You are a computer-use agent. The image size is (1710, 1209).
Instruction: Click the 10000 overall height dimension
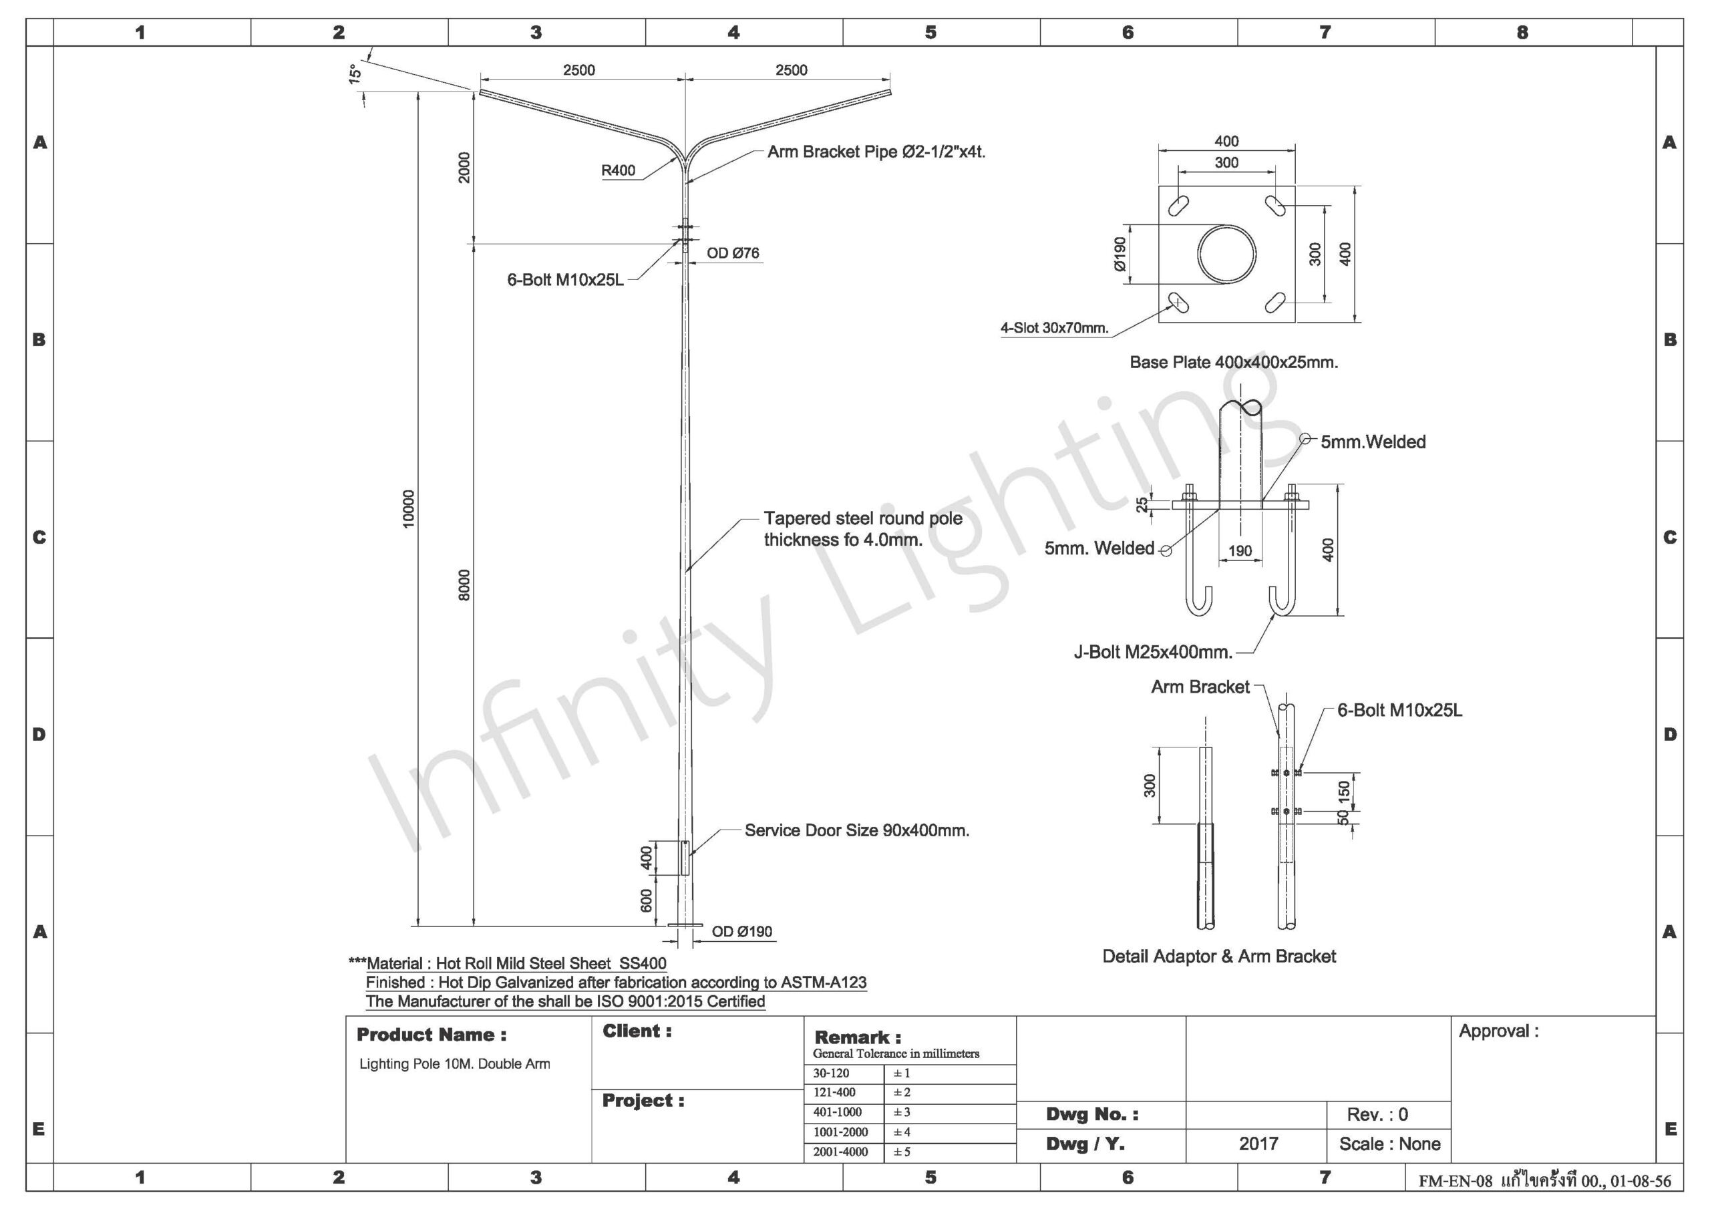click(408, 510)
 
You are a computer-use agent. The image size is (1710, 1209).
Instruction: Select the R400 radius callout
click(618, 170)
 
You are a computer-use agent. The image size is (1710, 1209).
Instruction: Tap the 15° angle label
click(355, 73)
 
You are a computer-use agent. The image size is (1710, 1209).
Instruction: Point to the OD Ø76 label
click(733, 253)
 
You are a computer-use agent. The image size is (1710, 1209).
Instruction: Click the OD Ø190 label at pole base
click(742, 932)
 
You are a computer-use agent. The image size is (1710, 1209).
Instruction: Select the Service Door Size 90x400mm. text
click(857, 830)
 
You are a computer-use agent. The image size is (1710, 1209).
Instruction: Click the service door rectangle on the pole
click(685, 858)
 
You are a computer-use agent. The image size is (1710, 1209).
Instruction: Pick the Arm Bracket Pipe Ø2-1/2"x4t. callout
click(876, 152)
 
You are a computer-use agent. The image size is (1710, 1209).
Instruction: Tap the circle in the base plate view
click(1226, 254)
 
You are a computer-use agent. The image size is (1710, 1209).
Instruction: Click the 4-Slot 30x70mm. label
click(1055, 328)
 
